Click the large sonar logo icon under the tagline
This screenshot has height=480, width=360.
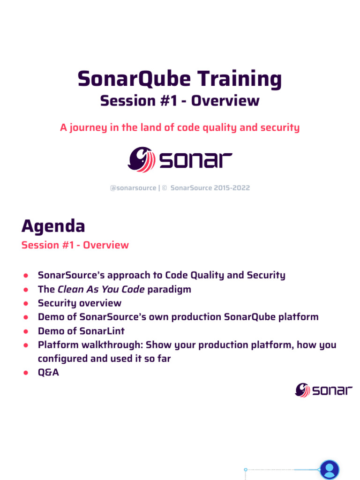(142, 160)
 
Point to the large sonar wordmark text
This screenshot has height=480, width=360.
(195, 161)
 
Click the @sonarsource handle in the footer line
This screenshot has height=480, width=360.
(133, 188)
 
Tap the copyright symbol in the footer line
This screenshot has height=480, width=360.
(165, 188)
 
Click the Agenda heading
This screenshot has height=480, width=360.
(53, 226)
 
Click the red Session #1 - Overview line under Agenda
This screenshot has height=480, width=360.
(75, 245)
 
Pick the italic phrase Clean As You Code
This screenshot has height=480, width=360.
(101, 289)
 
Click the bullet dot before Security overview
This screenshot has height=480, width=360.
(27, 303)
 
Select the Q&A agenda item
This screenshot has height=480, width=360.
(48, 373)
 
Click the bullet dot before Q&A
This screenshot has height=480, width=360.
(27, 373)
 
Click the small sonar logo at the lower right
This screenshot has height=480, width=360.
(323, 390)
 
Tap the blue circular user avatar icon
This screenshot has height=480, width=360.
(329, 470)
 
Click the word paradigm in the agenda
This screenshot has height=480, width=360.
(169, 289)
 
